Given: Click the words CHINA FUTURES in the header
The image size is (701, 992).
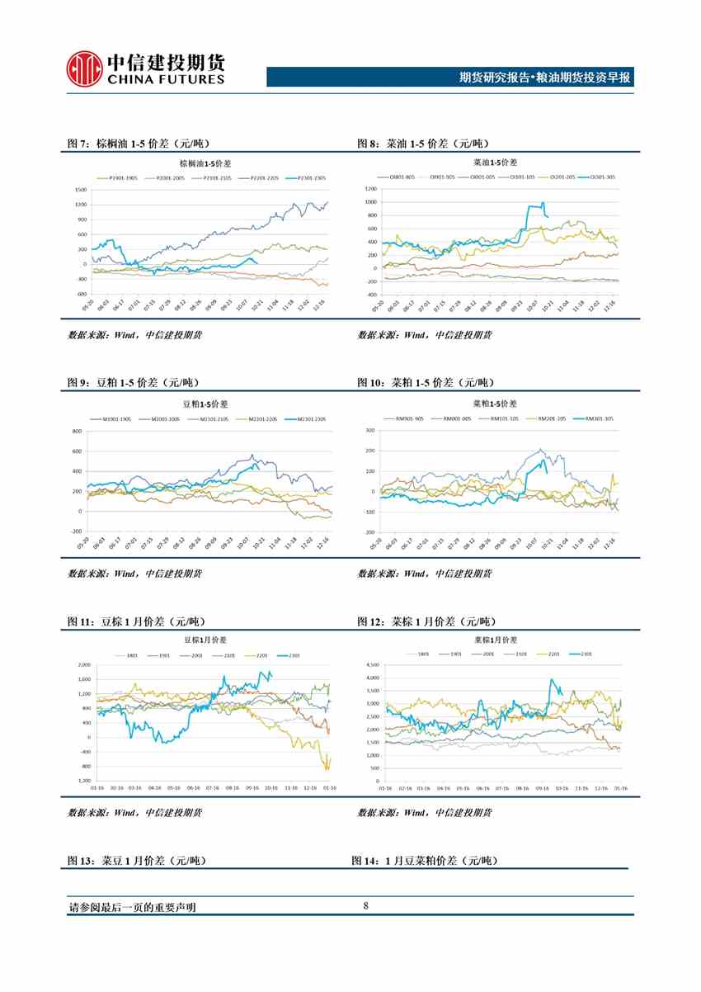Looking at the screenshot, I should [165, 79].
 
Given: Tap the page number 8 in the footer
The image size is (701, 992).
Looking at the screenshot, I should [365, 906].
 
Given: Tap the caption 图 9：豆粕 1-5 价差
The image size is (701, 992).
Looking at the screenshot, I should [133, 383].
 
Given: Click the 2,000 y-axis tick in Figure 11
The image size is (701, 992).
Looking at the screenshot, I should [84, 664].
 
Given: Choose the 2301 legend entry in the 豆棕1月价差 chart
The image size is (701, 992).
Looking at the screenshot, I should [294, 655].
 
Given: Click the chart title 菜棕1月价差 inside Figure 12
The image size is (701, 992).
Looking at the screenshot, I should [494, 640].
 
